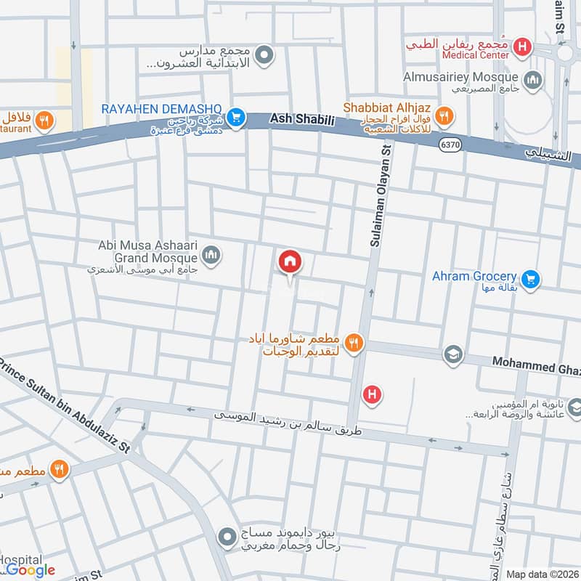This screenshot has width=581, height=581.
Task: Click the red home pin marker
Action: coord(290,261)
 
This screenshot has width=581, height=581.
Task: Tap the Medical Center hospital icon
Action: coord(521,48)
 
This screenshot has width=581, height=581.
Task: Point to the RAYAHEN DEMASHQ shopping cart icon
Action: coord(235,116)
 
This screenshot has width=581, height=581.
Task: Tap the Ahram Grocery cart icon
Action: coord(531,278)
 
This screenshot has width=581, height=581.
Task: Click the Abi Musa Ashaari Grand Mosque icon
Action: coord(211,254)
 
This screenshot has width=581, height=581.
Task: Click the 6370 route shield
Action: coord(450,145)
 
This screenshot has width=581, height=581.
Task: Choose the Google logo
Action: coord(31,570)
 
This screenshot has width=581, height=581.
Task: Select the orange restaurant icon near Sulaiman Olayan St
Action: coord(354,343)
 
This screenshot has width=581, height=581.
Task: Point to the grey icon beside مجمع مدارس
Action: coord(265,54)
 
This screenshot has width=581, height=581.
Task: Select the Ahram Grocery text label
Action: coord(474,276)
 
